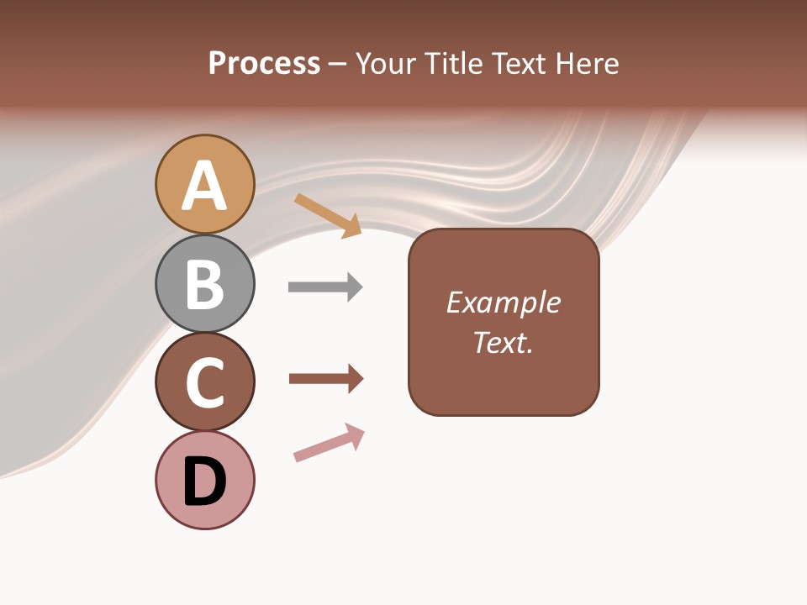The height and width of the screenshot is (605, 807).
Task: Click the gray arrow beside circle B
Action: coord(325,287)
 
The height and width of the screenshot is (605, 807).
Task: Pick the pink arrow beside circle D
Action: coord(329,443)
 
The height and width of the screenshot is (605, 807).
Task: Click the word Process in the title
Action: coord(264,63)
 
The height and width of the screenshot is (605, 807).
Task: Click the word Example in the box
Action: coord(503,302)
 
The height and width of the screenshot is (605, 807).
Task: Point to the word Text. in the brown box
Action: coord(503,343)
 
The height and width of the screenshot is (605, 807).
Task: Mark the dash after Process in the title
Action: coord(338,65)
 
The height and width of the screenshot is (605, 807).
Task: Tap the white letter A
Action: coord(205,186)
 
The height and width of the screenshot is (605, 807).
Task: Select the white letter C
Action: coord(205,383)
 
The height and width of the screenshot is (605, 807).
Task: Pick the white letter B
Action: coord(205,285)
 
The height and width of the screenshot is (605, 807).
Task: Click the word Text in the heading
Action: coord(518,63)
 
